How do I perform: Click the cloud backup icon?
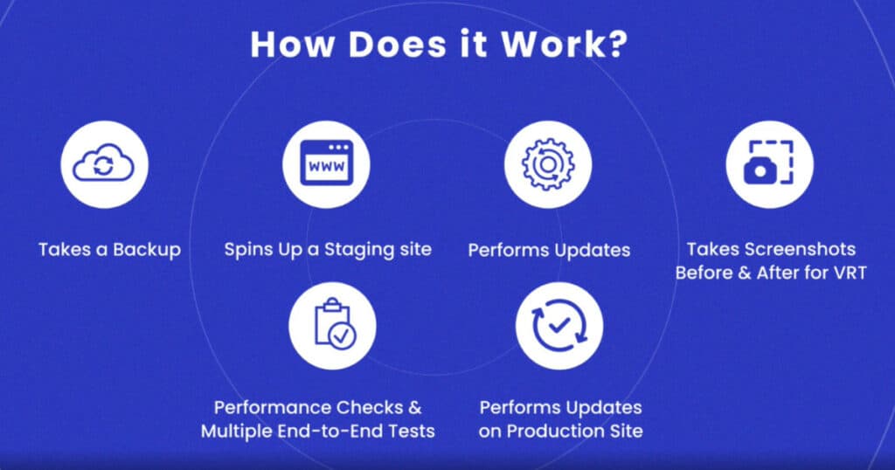pyautogui.click(x=104, y=165)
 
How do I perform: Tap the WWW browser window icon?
pyautogui.click(x=327, y=163)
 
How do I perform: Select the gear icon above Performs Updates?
pyautogui.click(x=548, y=164)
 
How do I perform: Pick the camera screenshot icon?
pyautogui.click(x=769, y=163)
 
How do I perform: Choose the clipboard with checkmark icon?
pyautogui.click(x=335, y=324)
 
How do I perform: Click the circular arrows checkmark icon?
pyautogui.click(x=559, y=326)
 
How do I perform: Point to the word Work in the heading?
pyautogui.click(x=549, y=44)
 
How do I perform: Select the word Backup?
pyautogui.click(x=147, y=251)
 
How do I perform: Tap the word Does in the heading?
pyautogui.click(x=397, y=44)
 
